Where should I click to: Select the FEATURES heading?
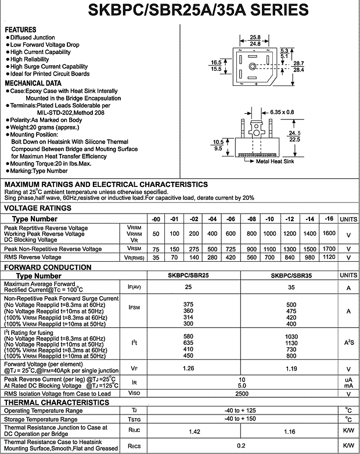pos(20,30)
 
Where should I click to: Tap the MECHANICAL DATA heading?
pos(33,83)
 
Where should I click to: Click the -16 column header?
pos(329,218)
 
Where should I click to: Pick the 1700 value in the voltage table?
pos(329,248)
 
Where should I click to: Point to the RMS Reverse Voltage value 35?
pos(156,257)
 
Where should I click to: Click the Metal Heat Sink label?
pos(275,161)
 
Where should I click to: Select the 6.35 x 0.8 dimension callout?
pos(283,112)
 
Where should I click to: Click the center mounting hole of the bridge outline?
pos(253,66)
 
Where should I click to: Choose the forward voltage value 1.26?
pos(188,368)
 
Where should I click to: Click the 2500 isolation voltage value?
pos(243,394)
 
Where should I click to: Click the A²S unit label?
pos(348,343)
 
